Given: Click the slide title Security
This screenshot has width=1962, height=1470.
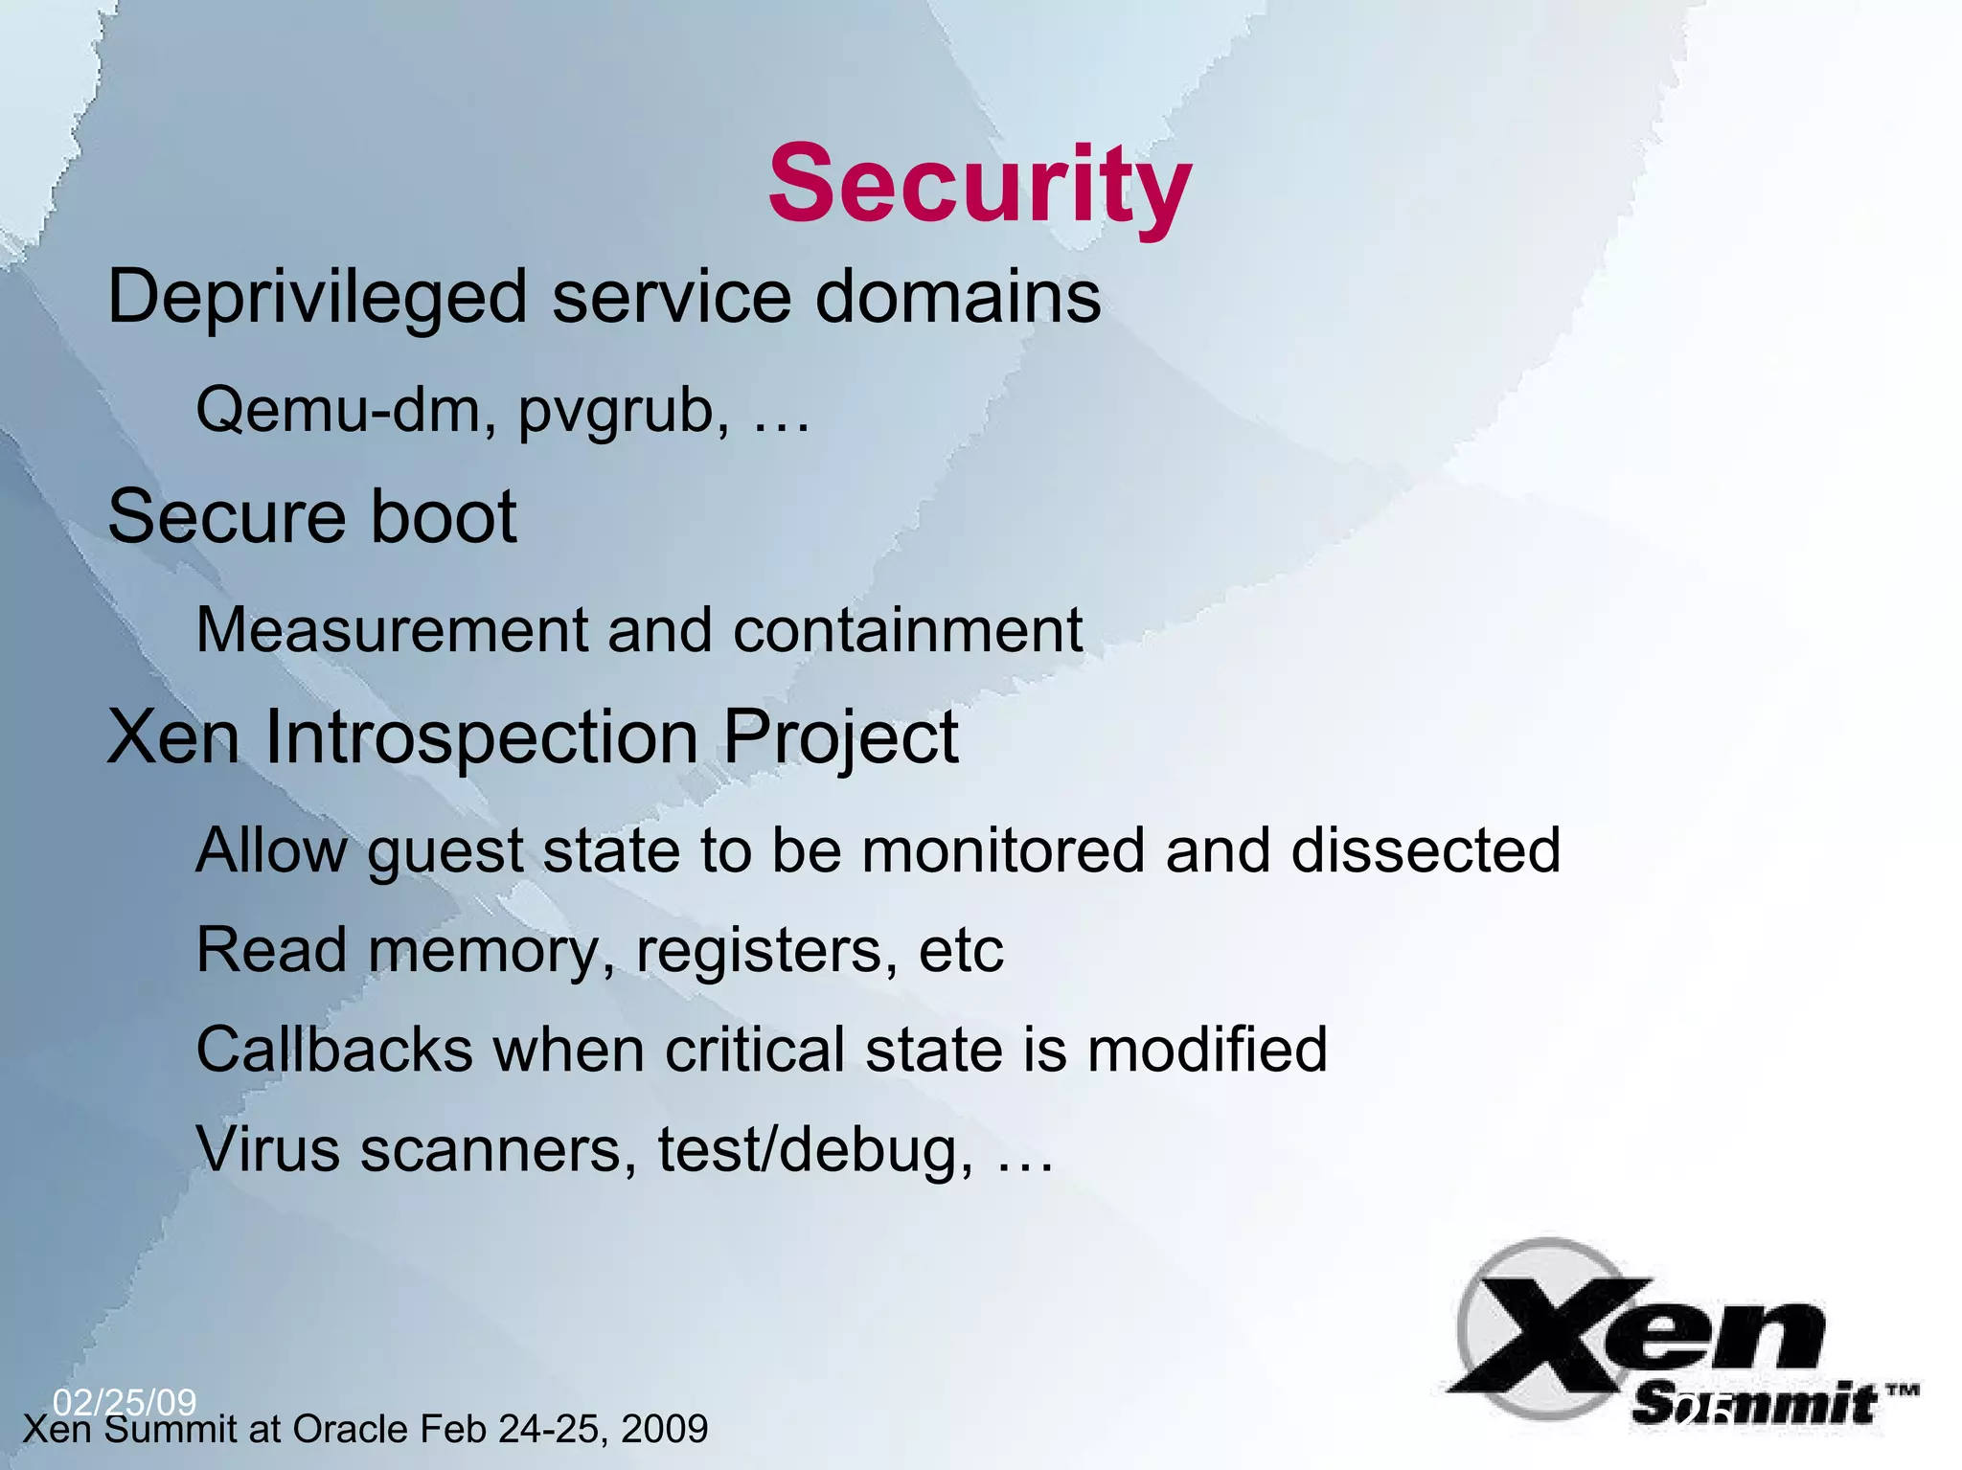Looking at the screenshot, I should coord(979,184).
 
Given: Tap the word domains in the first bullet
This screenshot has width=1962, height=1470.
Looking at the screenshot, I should coord(958,297).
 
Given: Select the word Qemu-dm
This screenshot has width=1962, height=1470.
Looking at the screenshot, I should coord(346,410).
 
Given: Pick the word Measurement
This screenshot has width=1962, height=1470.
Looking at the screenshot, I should coord(391,631).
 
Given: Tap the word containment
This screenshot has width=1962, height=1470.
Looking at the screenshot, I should coord(908,631).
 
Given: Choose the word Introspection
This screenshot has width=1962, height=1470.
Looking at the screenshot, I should coord(481,738).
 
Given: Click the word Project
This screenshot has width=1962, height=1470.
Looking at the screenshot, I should coord(840,740).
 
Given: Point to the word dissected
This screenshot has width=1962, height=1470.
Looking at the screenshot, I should coord(1426,850).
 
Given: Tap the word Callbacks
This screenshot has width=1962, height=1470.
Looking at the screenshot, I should coord(334,1050).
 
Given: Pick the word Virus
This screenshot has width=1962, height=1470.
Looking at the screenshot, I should coord(267,1149).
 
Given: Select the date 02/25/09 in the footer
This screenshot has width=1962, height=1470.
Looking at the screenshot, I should coord(125,1403).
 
